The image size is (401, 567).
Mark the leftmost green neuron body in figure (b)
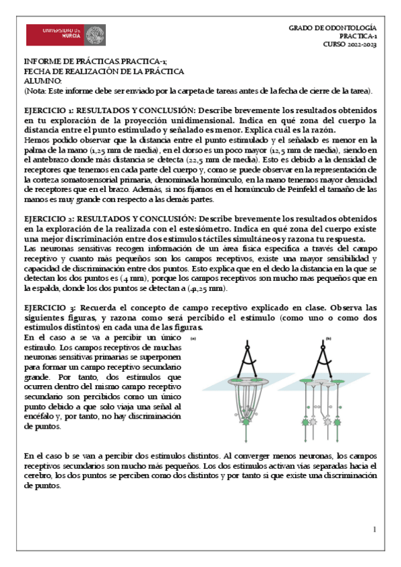pos(306,424)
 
